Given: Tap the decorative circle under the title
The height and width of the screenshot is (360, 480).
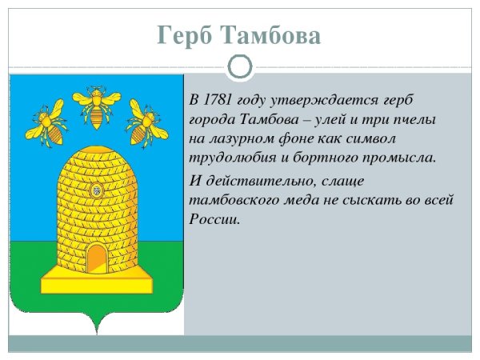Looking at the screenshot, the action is click(x=240, y=66).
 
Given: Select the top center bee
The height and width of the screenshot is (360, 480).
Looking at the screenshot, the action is click(x=97, y=106).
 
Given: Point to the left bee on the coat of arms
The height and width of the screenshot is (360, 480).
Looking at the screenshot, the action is click(x=47, y=123).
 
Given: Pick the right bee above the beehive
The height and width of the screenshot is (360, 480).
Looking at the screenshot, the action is click(x=146, y=123).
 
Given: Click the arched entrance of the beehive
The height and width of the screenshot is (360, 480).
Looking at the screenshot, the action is click(x=98, y=259).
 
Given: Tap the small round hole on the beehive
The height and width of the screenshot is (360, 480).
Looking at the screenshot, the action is click(x=97, y=190).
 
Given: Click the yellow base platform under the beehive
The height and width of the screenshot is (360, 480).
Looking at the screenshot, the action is click(x=97, y=280).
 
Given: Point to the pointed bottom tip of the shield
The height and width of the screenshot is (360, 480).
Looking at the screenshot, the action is click(x=97, y=334).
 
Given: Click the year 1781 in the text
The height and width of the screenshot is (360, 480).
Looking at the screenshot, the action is click(x=217, y=100).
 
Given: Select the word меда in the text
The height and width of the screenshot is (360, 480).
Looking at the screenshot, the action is click(x=306, y=201).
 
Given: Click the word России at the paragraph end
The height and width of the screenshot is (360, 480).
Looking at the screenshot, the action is click(x=214, y=219).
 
